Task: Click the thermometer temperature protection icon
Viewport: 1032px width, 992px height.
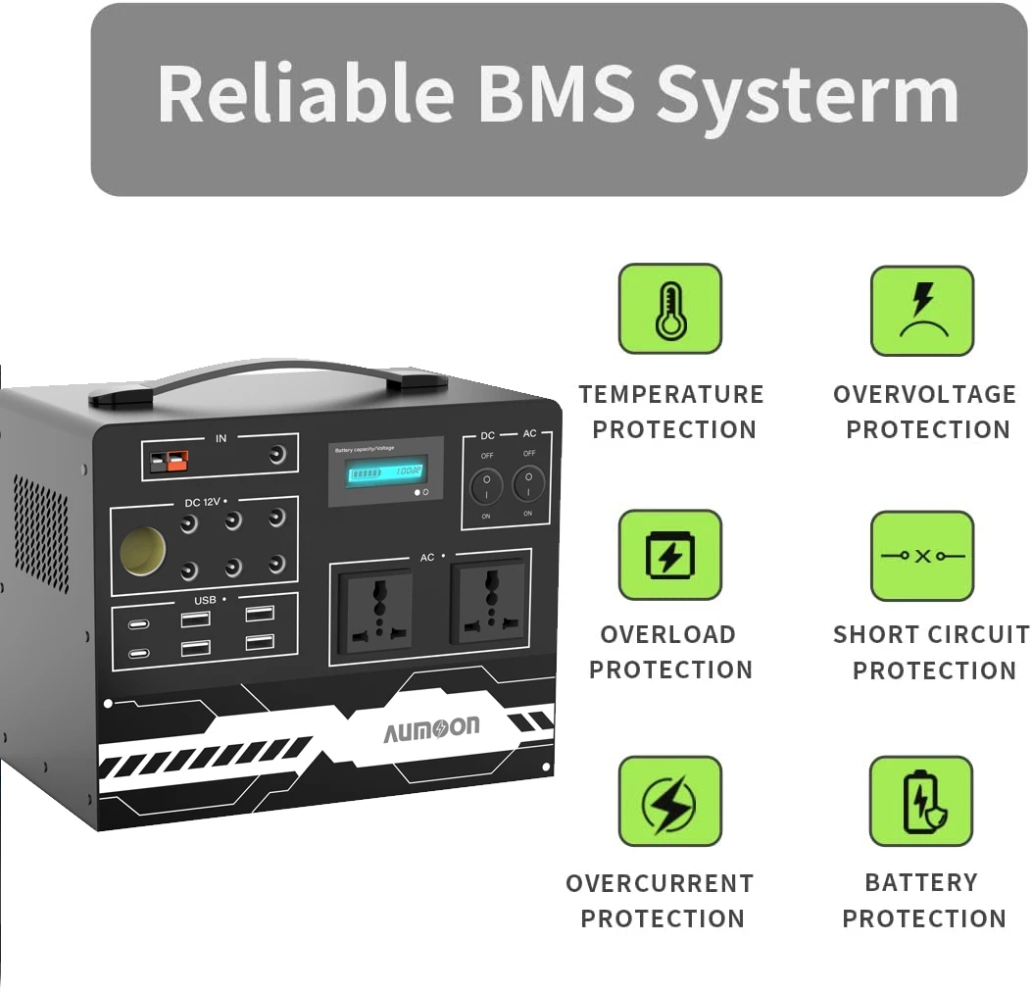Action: (669, 308)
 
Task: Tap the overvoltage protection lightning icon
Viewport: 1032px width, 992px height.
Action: (922, 310)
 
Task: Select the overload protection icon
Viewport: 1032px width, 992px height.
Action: (669, 555)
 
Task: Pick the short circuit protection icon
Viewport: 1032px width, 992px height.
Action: (922, 556)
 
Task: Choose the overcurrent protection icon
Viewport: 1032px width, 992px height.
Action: (669, 801)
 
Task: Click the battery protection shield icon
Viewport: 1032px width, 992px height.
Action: (921, 801)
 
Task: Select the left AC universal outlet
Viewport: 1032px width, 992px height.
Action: (375, 610)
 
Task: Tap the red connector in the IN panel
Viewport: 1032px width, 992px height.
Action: (177, 459)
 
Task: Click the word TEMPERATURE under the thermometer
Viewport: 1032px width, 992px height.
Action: (671, 395)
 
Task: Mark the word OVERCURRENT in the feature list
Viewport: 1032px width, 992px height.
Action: (660, 883)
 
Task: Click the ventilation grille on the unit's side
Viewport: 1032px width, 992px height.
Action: (41, 533)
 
